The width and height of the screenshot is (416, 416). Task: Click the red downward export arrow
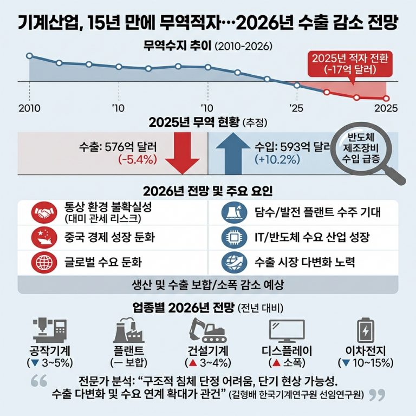(x=179, y=156)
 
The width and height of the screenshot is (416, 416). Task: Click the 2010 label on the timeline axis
(x=29, y=107)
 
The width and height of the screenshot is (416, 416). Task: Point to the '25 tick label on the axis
(x=296, y=107)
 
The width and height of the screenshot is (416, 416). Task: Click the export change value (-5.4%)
(x=138, y=159)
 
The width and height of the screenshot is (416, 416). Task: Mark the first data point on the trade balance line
(x=29, y=56)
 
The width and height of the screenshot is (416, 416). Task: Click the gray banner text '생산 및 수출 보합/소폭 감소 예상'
(x=208, y=285)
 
